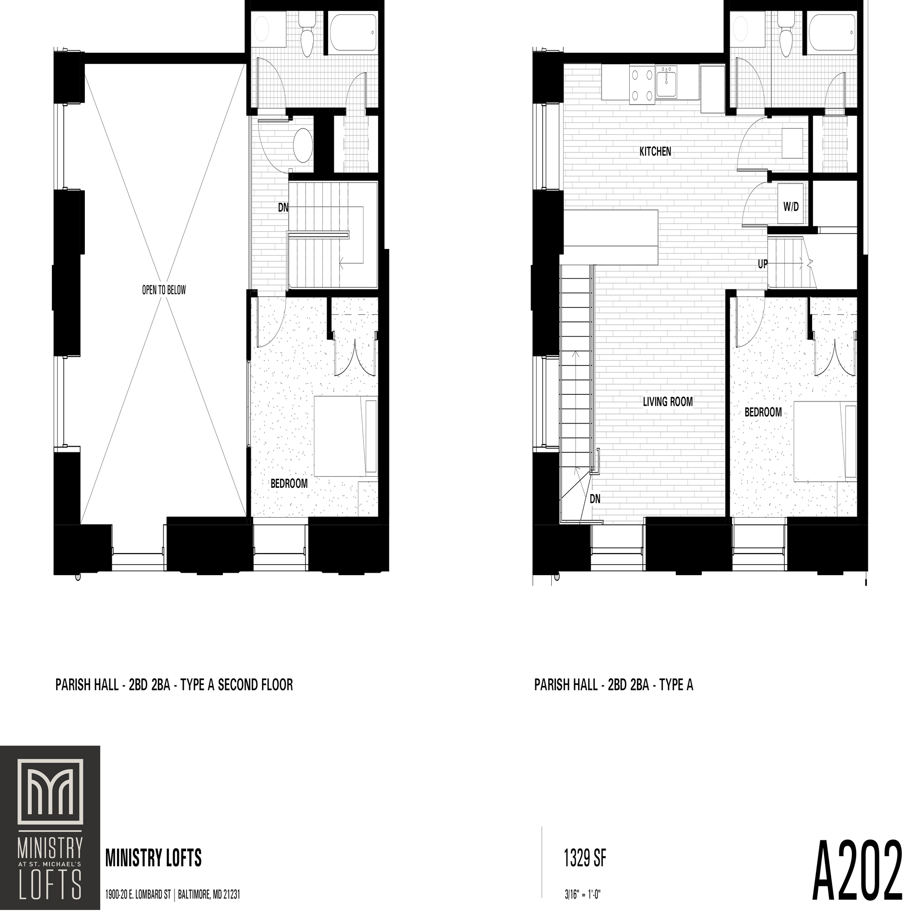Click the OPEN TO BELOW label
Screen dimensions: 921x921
[164, 290]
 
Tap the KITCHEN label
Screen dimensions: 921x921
[655, 152]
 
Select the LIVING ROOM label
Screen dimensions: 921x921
[668, 401]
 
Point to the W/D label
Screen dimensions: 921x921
[791, 207]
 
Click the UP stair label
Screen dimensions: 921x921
[762, 264]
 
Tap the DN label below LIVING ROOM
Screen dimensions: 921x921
[595, 499]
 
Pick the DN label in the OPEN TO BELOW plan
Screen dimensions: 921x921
[283, 208]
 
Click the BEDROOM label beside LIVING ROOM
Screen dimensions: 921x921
[763, 412]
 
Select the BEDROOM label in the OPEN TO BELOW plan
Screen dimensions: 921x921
[289, 484]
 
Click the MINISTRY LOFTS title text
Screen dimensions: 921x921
[153, 858]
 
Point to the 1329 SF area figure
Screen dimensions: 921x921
[585, 858]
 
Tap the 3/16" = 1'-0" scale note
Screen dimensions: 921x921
[583, 895]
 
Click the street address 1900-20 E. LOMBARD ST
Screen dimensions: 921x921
[138, 895]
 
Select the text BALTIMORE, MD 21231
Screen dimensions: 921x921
[209, 895]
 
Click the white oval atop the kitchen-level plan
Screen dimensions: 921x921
[741, 29]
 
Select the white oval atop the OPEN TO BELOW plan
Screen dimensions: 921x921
[261, 29]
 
